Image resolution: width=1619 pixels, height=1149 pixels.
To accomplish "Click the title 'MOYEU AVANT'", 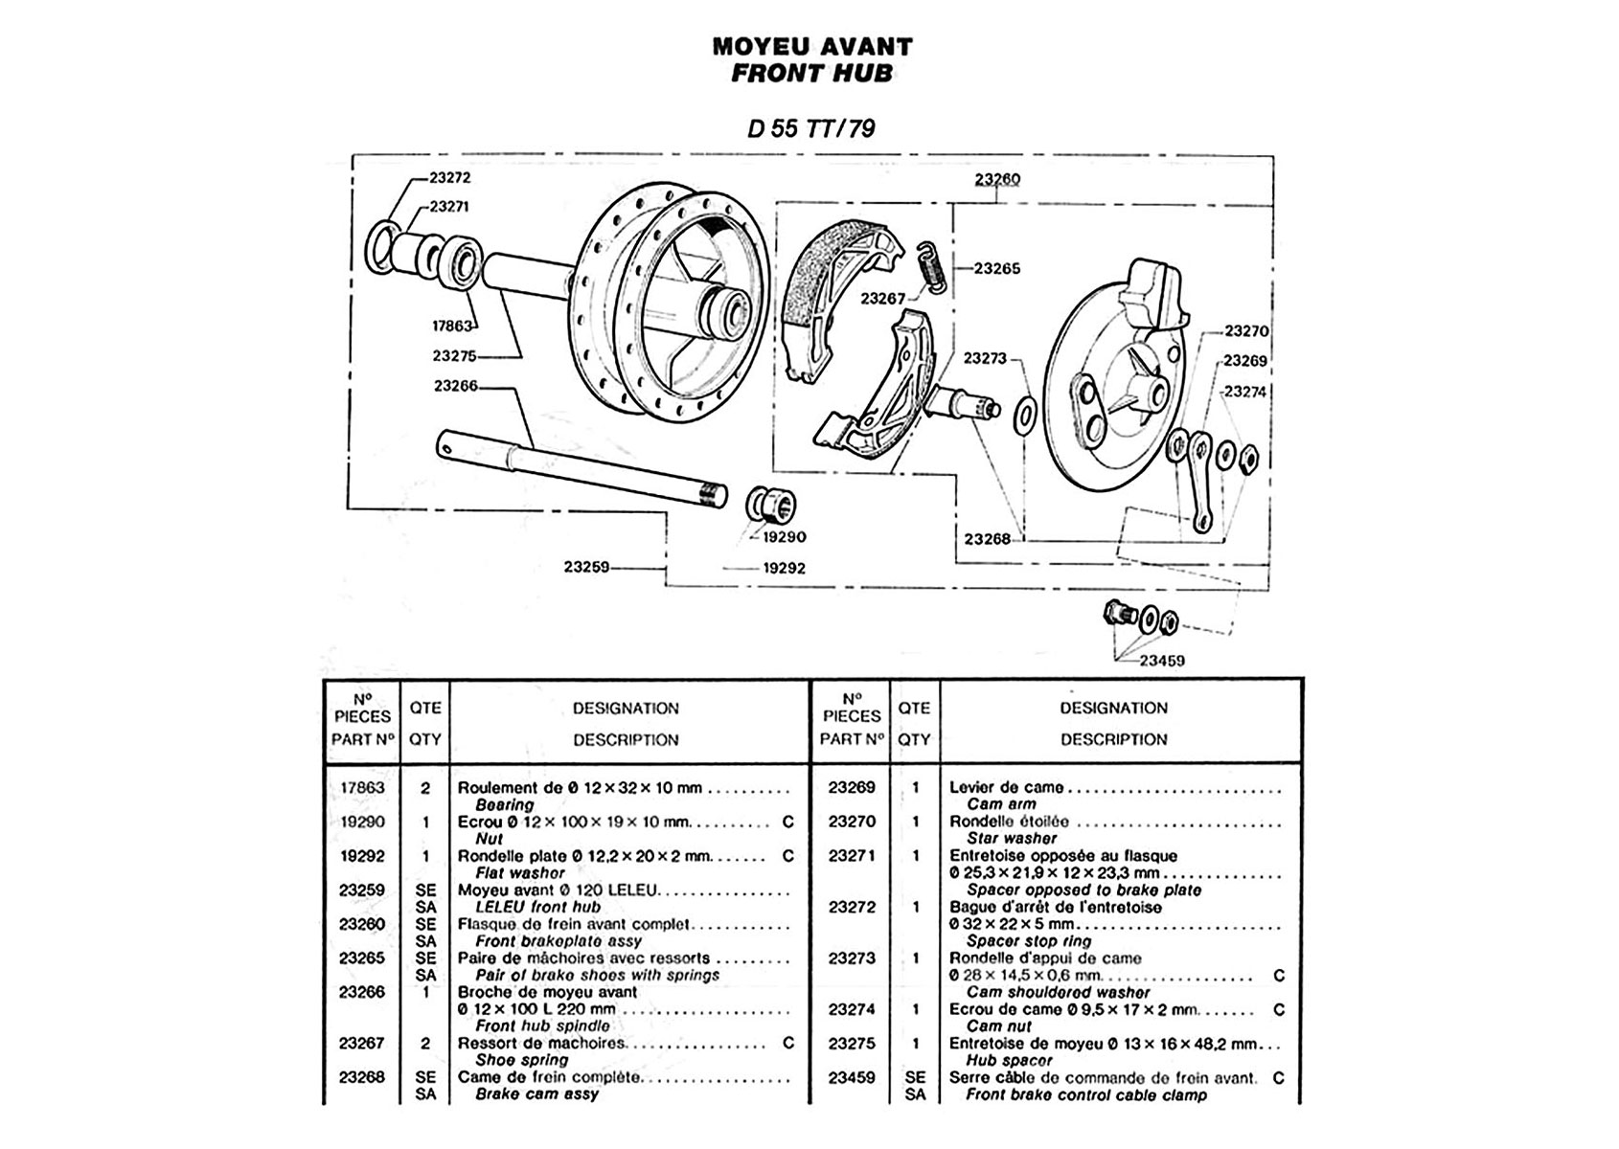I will click(x=811, y=46).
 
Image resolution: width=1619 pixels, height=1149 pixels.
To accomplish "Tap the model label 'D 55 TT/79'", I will click(x=810, y=129).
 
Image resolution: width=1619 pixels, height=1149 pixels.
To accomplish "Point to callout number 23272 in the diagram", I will click(x=449, y=177).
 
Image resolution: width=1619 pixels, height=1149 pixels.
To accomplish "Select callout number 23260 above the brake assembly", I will click(x=997, y=179).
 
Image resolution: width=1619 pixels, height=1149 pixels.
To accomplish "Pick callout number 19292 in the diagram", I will click(x=784, y=568).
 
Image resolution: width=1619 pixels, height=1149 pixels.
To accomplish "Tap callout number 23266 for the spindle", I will click(x=455, y=386).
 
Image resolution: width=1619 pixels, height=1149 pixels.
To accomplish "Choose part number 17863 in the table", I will click(x=361, y=788).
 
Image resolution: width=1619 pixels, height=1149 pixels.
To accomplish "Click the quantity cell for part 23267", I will click(x=424, y=1043).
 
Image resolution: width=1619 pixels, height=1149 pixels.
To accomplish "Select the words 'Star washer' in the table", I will click(x=1011, y=838).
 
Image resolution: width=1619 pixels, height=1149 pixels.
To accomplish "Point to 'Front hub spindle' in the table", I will click(x=541, y=1025).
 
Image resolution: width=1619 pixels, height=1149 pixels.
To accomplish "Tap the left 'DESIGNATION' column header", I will click(x=626, y=709).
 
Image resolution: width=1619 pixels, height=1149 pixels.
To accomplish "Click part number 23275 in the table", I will click(x=851, y=1043).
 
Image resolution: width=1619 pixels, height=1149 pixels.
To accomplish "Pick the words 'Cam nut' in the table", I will click(x=998, y=1025).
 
